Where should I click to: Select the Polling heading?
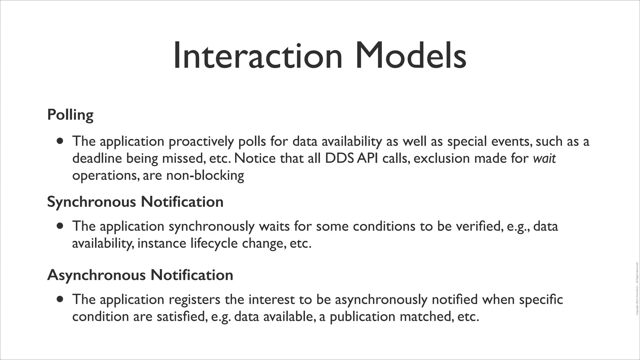tap(70, 115)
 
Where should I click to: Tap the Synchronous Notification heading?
tap(135, 202)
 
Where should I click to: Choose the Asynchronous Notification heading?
tap(140, 275)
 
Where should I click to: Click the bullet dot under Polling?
tap(60, 141)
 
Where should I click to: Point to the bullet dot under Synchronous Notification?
tap(60, 226)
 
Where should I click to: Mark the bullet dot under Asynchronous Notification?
tap(60, 299)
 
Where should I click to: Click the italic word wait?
tap(544, 158)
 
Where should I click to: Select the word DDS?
tap(339, 158)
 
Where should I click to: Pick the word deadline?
tap(97, 158)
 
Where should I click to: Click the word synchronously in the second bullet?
tap(212, 227)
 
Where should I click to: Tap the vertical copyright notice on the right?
tap(637, 289)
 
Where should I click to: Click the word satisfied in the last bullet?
tap(182, 317)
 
